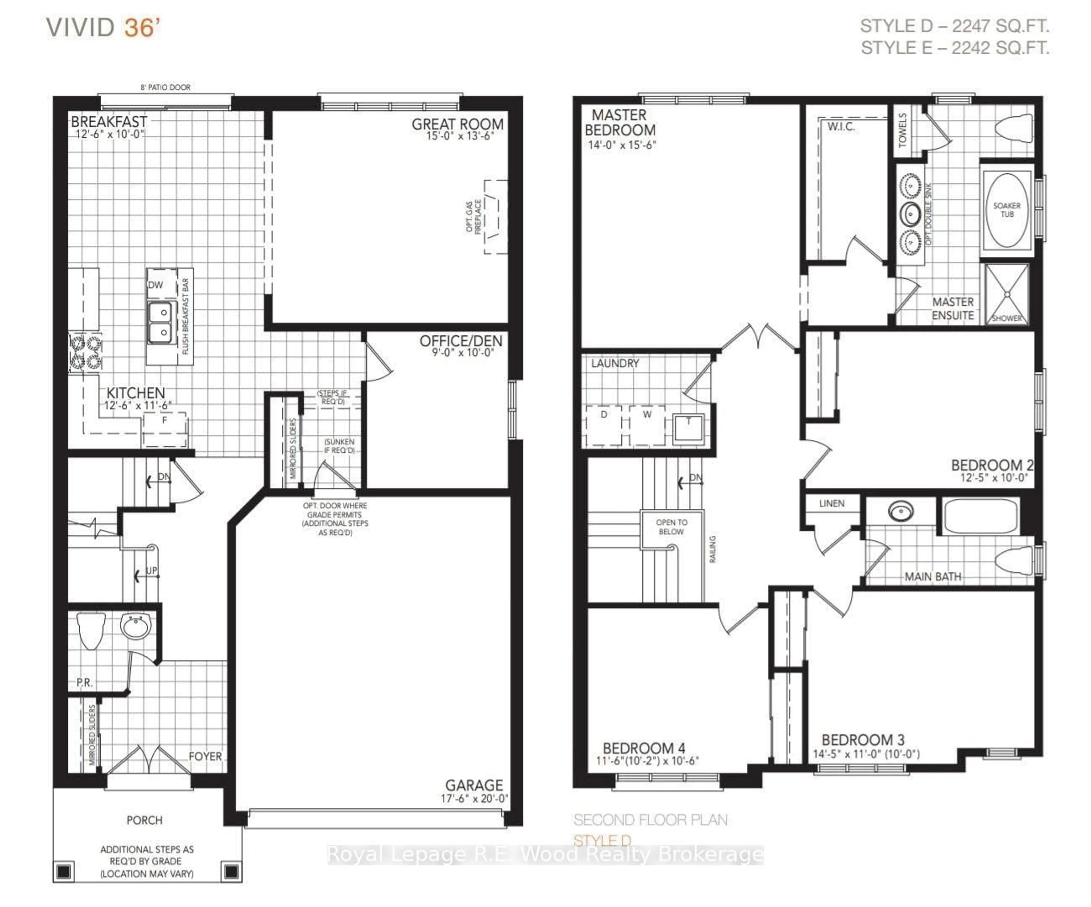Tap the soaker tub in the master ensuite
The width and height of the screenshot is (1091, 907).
(1007, 210)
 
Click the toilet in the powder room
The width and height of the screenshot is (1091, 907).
(91, 630)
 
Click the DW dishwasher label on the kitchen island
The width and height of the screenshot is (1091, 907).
(155, 285)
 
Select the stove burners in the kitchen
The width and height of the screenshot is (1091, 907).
(86, 352)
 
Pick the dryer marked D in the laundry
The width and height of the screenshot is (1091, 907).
(604, 425)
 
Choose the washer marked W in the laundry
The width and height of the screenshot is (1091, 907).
(647, 425)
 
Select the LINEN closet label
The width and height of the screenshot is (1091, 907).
(832, 503)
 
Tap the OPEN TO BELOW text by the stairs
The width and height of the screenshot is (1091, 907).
(671, 527)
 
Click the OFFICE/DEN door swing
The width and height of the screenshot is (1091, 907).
(378, 362)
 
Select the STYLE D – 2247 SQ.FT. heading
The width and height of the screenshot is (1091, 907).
(954, 26)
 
